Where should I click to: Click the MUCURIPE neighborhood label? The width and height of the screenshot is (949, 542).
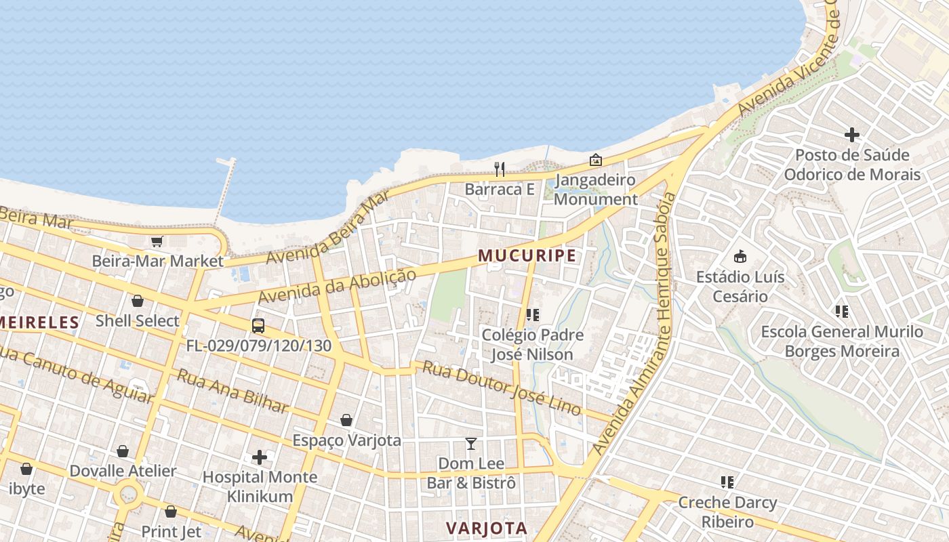[527, 255]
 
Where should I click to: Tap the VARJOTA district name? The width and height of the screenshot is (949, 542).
[486, 528]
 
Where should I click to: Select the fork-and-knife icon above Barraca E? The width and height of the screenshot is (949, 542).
[500, 169]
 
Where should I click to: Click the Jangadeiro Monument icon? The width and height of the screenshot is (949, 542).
[595, 160]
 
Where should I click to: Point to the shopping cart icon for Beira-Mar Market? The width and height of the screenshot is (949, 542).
[157, 241]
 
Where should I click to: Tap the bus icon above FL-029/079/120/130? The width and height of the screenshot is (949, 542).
[258, 325]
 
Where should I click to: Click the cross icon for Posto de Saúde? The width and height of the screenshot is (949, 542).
[852, 135]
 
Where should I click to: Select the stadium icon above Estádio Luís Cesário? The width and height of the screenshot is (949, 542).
[740, 257]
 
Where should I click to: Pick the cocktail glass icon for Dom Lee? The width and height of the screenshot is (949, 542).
[471, 444]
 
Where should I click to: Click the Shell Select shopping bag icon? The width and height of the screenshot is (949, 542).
[138, 301]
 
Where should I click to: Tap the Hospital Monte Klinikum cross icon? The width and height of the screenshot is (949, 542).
[260, 457]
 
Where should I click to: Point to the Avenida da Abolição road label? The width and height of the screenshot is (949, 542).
[336, 287]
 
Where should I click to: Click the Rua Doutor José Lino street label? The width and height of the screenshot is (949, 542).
[502, 388]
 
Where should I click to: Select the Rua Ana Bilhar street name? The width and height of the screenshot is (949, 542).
[233, 391]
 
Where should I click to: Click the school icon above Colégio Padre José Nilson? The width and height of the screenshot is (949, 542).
[533, 315]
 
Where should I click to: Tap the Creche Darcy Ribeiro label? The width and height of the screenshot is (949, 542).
[727, 512]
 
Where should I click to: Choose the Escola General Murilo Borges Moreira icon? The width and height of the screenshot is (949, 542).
[842, 312]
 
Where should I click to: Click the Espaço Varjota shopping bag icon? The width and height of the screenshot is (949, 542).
[346, 420]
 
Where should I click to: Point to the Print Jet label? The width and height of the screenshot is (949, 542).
[171, 532]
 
